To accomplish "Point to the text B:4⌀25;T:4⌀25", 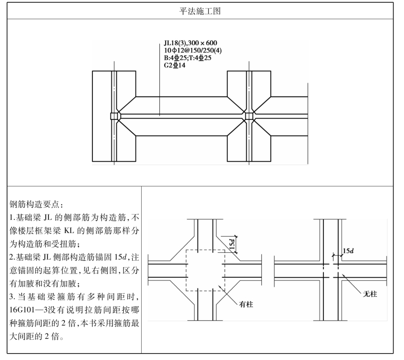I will point(187,58).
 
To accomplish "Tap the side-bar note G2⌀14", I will point(175,65).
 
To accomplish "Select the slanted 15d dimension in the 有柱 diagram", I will point(231,244).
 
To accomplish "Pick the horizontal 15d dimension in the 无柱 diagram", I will point(348,251).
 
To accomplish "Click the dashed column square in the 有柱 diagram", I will point(205,271).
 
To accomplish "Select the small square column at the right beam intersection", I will point(248,116).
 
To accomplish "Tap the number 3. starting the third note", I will point(12,297).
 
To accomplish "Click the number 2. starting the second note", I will point(12,257).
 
